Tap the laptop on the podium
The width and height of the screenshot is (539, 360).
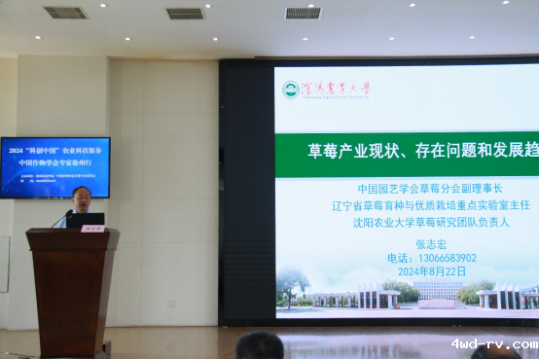click(x=86, y=220)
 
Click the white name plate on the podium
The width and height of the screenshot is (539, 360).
click(x=93, y=229)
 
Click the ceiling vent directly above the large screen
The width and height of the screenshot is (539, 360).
click(x=303, y=14)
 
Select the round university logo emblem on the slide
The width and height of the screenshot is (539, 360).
click(x=290, y=90)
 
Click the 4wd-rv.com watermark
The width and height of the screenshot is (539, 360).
click(x=493, y=343)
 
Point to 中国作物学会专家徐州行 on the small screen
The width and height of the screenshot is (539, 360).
click(x=55, y=162)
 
